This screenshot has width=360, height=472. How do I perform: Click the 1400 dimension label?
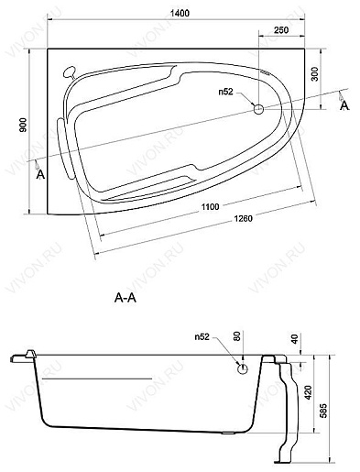[x=180, y=13]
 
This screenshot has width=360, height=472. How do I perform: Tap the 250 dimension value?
[x=281, y=30]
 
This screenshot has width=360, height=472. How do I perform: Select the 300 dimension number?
[x=315, y=74]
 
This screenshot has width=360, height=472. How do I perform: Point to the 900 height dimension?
[x=24, y=125]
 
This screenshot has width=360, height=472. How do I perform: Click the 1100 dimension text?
[x=211, y=206]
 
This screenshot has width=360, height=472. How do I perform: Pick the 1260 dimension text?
[x=243, y=219]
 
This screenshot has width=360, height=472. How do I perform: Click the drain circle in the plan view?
[x=258, y=109]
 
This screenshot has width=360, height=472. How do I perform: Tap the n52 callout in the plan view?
[x=225, y=92]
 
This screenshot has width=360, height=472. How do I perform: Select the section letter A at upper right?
[x=344, y=105]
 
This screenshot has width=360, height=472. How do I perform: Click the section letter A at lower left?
[x=40, y=175]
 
